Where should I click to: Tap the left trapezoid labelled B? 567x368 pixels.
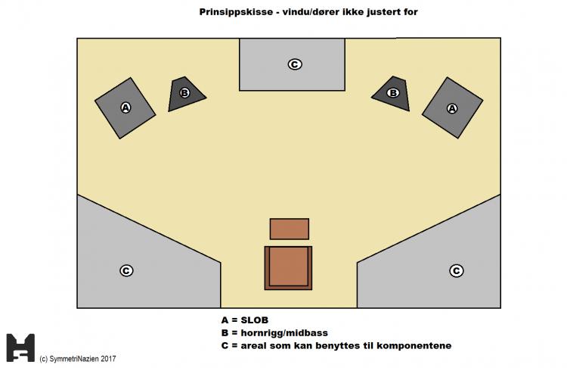tap(185, 93)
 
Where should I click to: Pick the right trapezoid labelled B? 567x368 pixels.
tap(392, 92)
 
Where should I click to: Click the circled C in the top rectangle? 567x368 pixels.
tap(294, 64)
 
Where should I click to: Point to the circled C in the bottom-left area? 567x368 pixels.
tap(126, 270)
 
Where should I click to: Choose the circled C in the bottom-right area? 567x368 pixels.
tap(456, 270)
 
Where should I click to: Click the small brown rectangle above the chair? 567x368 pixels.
tap(289, 229)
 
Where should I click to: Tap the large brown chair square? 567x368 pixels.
tap(287, 267)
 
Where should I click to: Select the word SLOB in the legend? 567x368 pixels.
tap(256, 320)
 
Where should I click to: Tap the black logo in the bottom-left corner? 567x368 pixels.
tap(20, 347)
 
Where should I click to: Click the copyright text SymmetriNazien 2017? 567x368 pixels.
tap(82, 358)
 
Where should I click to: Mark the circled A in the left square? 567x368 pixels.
tap(125, 108)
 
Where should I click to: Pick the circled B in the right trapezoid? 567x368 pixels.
tap(392, 92)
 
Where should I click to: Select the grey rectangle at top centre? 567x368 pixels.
tap(292, 64)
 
